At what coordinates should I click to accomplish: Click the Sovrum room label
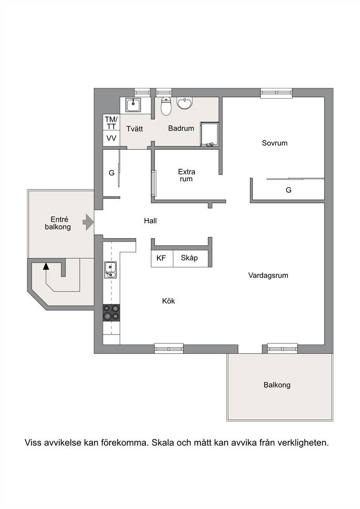[275, 143]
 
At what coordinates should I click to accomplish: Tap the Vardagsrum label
[268, 276]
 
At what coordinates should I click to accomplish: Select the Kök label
[169, 301]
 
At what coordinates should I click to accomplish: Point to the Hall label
[150, 221]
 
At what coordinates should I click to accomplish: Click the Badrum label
[181, 128]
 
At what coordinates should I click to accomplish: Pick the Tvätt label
[134, 129]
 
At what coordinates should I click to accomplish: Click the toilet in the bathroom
[166, 106]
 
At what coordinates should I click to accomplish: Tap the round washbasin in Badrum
[185, 103]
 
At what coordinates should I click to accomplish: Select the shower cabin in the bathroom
[210, 134]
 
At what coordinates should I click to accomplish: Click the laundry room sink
[133, 105]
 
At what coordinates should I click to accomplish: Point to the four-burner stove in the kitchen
[111, 312]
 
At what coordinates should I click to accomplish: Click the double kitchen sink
[111, 270]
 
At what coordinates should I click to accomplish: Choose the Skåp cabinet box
[191, 258]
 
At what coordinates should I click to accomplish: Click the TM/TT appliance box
[111, 122]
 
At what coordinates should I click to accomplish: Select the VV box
[111, 138]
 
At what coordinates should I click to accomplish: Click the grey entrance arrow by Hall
[88, 222]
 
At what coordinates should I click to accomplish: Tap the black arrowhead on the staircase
[46, 266]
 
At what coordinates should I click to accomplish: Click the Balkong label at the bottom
[277, 385]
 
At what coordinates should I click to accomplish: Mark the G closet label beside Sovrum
[288, 190]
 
